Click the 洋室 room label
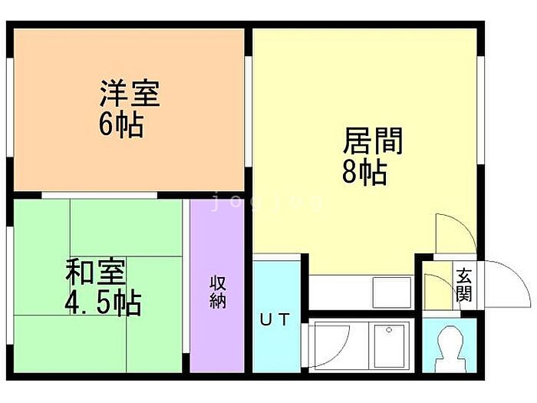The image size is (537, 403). (x=130, y=93)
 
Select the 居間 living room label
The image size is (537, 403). (x=373, y=140)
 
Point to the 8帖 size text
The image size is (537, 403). (x=364, y=173)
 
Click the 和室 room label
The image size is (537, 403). (x=96, y=272)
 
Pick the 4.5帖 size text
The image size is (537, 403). (x=103, y=303)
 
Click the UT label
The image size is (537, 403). (x=275, y=319)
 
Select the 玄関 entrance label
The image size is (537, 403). (x=464, y=285)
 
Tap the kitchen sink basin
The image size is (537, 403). (x=392, y=292)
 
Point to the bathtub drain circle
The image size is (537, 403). (x=389, y=330)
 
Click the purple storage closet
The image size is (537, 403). (x=217, y=286)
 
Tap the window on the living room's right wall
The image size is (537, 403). (x=480, y=110)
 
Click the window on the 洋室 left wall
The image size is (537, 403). (x=10, y=107)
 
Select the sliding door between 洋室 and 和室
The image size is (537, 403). (x=99, y=195)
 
